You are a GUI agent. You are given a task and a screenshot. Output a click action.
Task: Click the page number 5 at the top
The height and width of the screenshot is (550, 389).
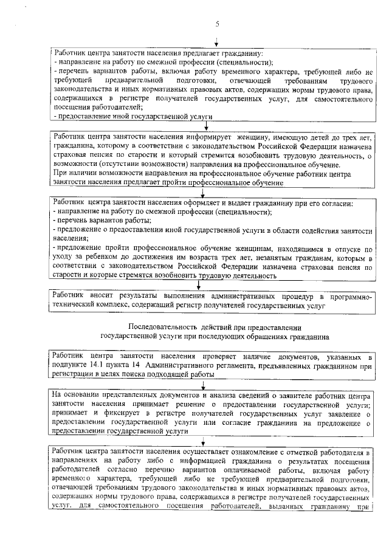(216, 24)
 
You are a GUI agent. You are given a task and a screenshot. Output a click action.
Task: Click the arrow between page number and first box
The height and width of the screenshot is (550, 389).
(216, 42)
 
